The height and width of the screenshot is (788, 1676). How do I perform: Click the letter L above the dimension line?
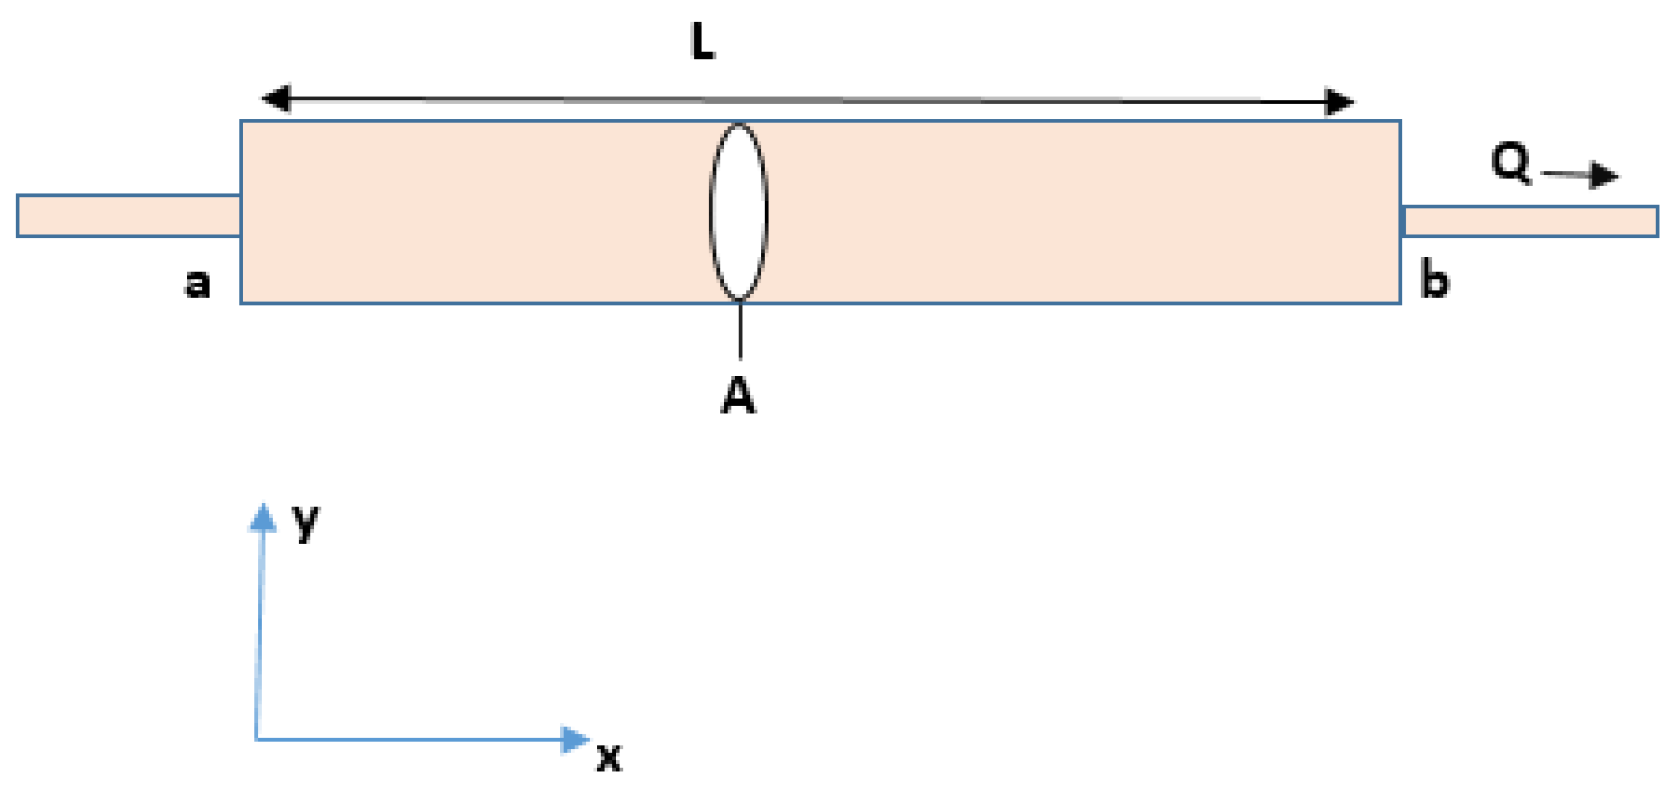point(702,42)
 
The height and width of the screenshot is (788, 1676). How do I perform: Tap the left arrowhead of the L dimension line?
point(276,98)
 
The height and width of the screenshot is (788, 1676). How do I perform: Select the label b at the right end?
point(1435,278)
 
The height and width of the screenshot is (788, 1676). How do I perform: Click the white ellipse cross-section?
point(738,212)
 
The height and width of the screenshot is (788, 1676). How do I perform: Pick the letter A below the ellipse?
point(738,397)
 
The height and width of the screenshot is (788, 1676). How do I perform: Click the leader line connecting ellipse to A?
point(740,330)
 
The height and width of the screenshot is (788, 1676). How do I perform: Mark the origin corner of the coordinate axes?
point(257,739)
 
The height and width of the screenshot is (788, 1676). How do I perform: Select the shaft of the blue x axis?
point(410,740)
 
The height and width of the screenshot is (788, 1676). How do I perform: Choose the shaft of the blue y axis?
point(260,631)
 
